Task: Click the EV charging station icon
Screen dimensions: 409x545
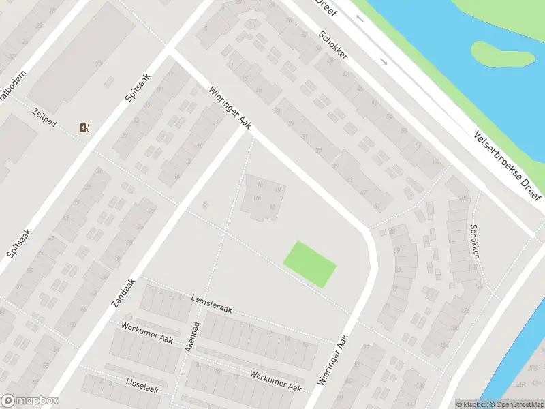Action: pyautogui.click(x=84, y=127)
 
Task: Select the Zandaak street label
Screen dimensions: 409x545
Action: pyautogui.click(x=123, y=291)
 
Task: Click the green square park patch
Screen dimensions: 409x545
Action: pyautogui.click(x=310, y=264)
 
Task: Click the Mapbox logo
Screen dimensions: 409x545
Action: pyautogui.click(x=29, y=401)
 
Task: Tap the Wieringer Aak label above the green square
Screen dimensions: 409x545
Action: pyautogui.click(x=230, y=107)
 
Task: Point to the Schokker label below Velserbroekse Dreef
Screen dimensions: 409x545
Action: pyautogui.click(x=474, y=241)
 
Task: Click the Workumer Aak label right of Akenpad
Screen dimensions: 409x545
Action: pyautogui.click(x=275, y=381)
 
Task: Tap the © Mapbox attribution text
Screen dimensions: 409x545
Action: pyautogui.click(x=471, y=404)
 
